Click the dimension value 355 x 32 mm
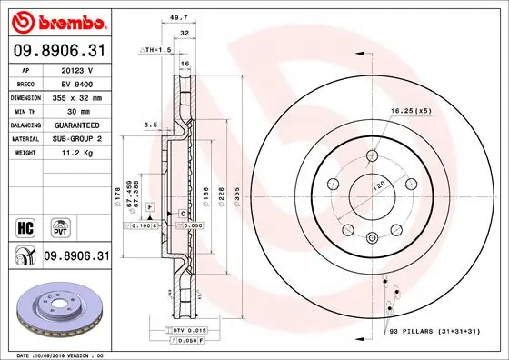78,95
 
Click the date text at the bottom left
56,355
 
